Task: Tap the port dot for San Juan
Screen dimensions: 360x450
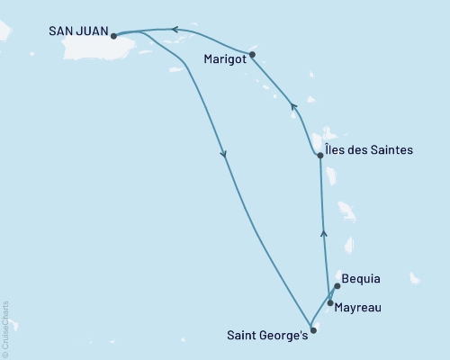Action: pos(113,36)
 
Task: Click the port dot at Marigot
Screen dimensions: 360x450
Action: pos(252,54)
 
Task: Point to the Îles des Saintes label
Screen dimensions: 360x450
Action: pos(370,150)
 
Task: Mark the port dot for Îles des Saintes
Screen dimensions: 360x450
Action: pos(320,155)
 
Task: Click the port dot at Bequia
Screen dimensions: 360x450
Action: pos(336,287)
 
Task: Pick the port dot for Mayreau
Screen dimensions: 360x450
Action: pos(330,303)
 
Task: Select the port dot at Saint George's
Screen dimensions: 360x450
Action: pos(313,330)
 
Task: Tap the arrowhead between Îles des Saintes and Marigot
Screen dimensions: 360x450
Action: pos(292,106)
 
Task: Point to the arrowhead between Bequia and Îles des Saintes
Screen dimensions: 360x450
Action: pos(324,234)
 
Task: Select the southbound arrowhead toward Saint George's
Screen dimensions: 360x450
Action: pos(223,156)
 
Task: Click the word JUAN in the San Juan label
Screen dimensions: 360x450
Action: pos(93,31)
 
